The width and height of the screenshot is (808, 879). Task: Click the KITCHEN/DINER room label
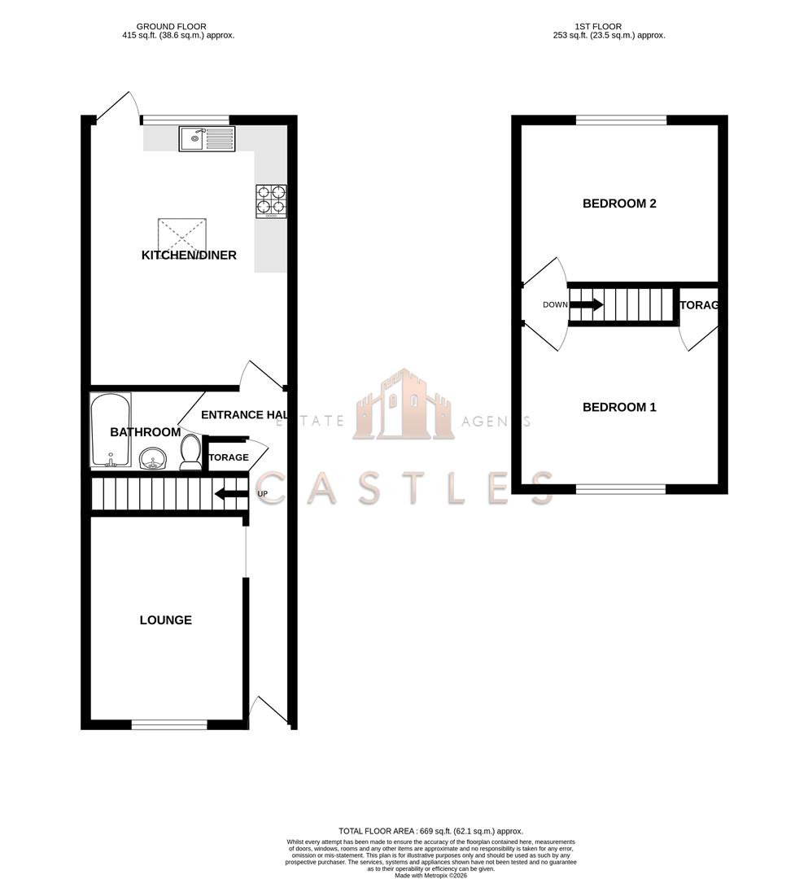pos(189,256)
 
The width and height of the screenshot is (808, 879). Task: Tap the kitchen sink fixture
pos(207,139)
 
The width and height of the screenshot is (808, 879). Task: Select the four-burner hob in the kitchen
pos(272,201)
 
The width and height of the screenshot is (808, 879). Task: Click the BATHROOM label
pos(145,432)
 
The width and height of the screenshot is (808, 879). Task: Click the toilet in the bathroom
pos(190,453)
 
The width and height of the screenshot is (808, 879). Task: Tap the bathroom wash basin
pos(151,461)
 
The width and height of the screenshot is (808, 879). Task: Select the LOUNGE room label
pos(165,620)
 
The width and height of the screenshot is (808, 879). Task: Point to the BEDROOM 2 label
pos(619,203)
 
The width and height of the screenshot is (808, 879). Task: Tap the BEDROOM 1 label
pos(619,407)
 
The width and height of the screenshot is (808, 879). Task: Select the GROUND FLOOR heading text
pos(171,27)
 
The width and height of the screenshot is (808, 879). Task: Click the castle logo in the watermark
pos(403,405)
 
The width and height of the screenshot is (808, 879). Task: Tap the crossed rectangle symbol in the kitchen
pos(183,234)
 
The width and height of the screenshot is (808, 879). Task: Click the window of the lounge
pos(169,724)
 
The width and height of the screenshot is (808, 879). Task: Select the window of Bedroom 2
pos(621,120)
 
